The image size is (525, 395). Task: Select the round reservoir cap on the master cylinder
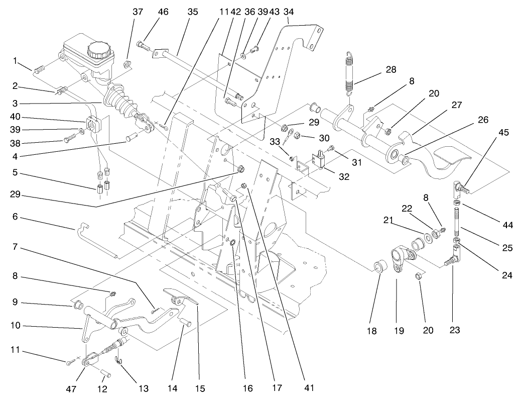click(98, 50)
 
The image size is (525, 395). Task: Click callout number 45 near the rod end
click(503, 133)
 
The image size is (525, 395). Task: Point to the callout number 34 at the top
click(289, 11)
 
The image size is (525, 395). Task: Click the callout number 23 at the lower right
click(455, 330)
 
